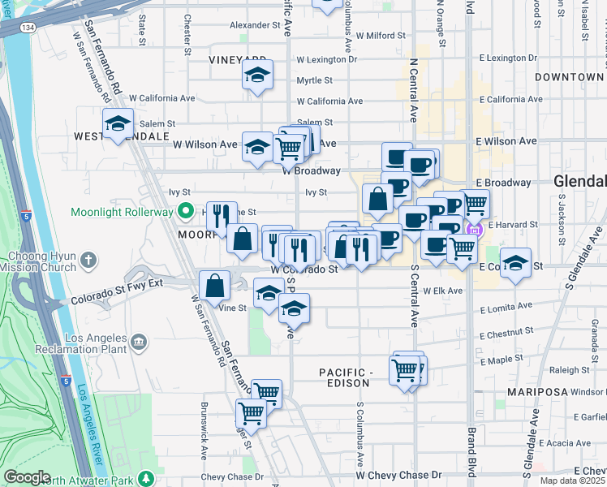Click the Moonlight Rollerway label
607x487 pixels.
tap(122, 213)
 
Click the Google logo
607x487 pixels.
tap(27, 477)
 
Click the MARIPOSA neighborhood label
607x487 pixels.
tap(536, 391)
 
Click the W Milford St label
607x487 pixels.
tap(374, 36)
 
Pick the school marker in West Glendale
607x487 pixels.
tap(118, 125)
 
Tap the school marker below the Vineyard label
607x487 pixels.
tap(257, 76)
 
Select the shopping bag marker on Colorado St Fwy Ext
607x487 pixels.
tap(213, 287)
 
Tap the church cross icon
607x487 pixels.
tap(89, 261)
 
